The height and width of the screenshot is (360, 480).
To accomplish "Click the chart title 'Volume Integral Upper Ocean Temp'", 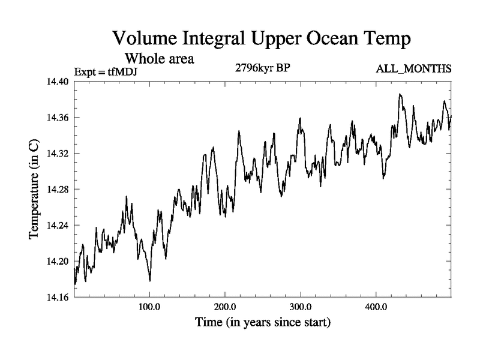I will click(x=262, y=40).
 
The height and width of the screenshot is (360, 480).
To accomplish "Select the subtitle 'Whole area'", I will click(x=159, y=59).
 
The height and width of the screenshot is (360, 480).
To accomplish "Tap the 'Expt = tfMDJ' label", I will click(x=101, y=73).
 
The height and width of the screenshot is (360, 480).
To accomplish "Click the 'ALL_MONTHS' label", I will click(x=413, y=69).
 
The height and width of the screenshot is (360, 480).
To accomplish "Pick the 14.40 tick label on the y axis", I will click(x=58, y=82).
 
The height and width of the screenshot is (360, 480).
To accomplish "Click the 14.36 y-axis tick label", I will click(x=58, y=118).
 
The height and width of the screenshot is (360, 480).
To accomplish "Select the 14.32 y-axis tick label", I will click(x=58, y=154).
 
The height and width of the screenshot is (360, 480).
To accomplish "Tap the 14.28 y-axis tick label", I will click(x=58, y=190).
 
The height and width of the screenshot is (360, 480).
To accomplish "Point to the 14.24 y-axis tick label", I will click(x=58, y=226).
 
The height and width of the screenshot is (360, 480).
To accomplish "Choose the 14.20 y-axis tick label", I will click(x=58, y=262).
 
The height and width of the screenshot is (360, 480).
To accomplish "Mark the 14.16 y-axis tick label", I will click(x=58, y=298).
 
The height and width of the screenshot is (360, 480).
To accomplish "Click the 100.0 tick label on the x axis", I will click(x=149, y=307).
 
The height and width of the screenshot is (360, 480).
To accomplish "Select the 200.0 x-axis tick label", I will click(x=225, y=307).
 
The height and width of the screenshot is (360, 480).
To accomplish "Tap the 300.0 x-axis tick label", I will click(x=301, y=307).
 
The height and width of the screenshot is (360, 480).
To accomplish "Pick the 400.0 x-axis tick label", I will click(x=376, y=307).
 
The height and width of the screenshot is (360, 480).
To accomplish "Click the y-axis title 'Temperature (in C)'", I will click(x=35, y=190).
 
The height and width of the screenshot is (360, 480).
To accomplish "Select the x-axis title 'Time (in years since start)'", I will click(x=262, y=323).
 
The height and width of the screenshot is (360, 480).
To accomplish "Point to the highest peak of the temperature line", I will click(x=400, y=94).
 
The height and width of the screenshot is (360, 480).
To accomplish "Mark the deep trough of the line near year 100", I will click(x=150, y=280).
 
